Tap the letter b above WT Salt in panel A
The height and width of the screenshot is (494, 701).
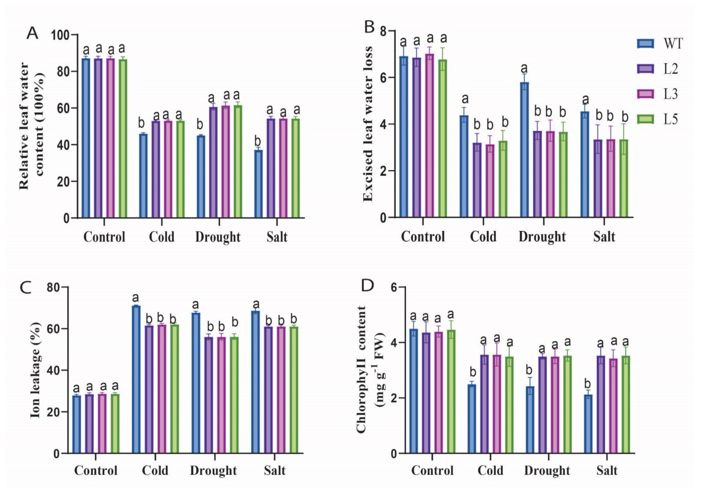click(x=258, y=141)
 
